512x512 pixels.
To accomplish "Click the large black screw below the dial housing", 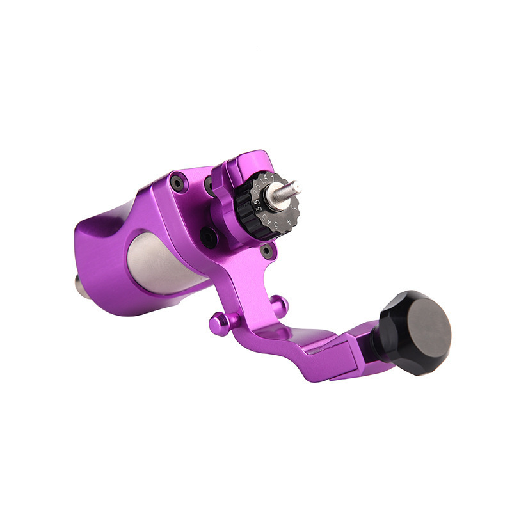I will [x=208, y=237].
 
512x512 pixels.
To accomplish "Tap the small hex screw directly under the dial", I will [x=268, y=252].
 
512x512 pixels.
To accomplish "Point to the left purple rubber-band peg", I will [x=218, y=324].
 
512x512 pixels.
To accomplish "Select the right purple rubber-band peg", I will [x=277, y=301].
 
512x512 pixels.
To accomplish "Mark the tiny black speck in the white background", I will [x=258, y=47].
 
